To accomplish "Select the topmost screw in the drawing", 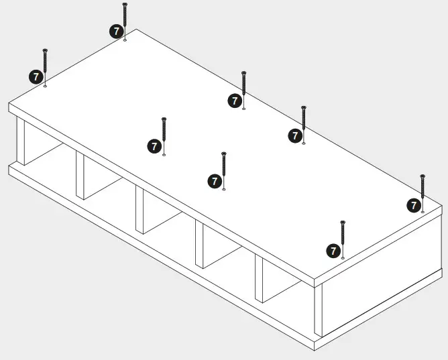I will pyautogui.click(x=125, y=20).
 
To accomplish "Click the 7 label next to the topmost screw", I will pyautogui.click(x=115, y=31).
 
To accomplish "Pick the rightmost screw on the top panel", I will pyautogui.click(x=423, y=191).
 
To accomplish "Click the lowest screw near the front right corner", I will pyautogui.click(x=343, y=237).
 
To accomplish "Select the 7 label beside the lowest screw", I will pyautogui.click(x=333, y=251).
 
